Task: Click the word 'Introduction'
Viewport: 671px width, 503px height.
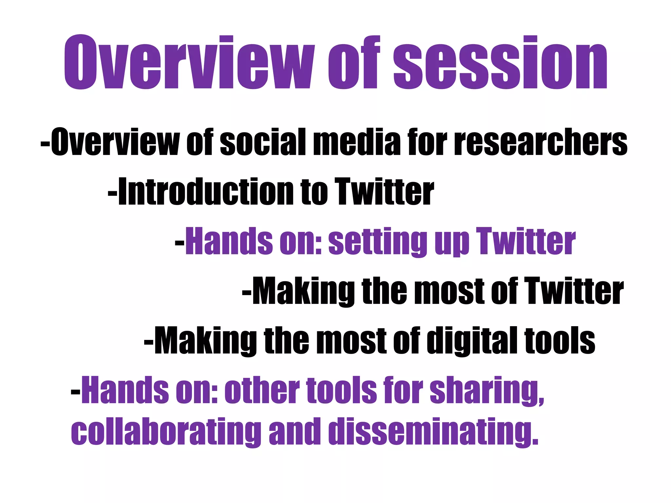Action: (x=206, y=192)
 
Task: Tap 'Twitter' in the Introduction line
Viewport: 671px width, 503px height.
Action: (x=384, y=192)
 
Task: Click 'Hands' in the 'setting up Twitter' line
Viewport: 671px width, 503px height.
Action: (x=229, y=242)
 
